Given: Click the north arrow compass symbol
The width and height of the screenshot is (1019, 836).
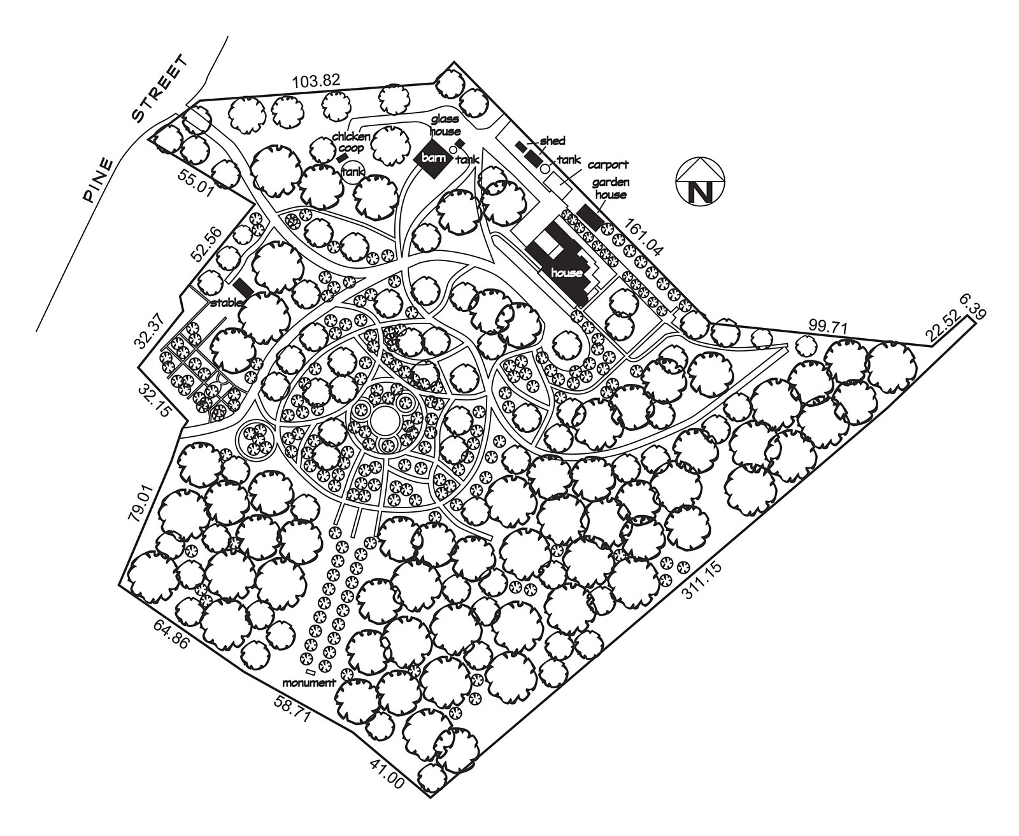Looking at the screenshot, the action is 700,181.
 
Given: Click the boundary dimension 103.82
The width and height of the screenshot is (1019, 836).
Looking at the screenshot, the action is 317,81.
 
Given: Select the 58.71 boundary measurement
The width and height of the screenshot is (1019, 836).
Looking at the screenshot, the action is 292,709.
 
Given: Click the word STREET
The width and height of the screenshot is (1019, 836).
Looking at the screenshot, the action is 160,89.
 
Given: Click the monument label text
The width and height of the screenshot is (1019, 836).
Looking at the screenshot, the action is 310,683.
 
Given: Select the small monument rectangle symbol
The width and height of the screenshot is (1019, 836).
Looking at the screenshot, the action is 311,672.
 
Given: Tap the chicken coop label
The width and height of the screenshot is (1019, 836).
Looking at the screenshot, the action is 351,142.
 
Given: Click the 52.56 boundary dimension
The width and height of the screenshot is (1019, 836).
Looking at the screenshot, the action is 207,244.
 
